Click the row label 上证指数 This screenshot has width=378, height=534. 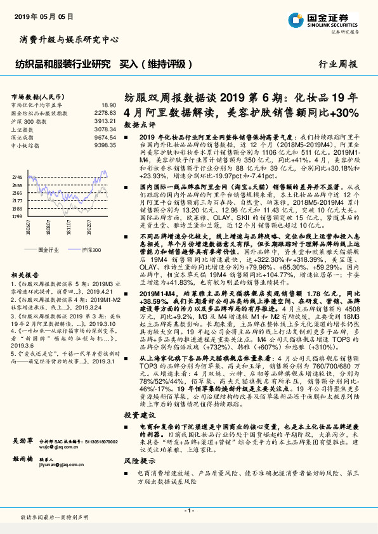[23, 128]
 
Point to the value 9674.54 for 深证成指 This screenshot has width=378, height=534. [105, 136]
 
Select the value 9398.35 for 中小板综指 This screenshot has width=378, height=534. [105, 145]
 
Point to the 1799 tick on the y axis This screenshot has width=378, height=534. [17, 216]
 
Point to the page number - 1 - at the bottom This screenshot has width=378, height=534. [188, 511]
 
